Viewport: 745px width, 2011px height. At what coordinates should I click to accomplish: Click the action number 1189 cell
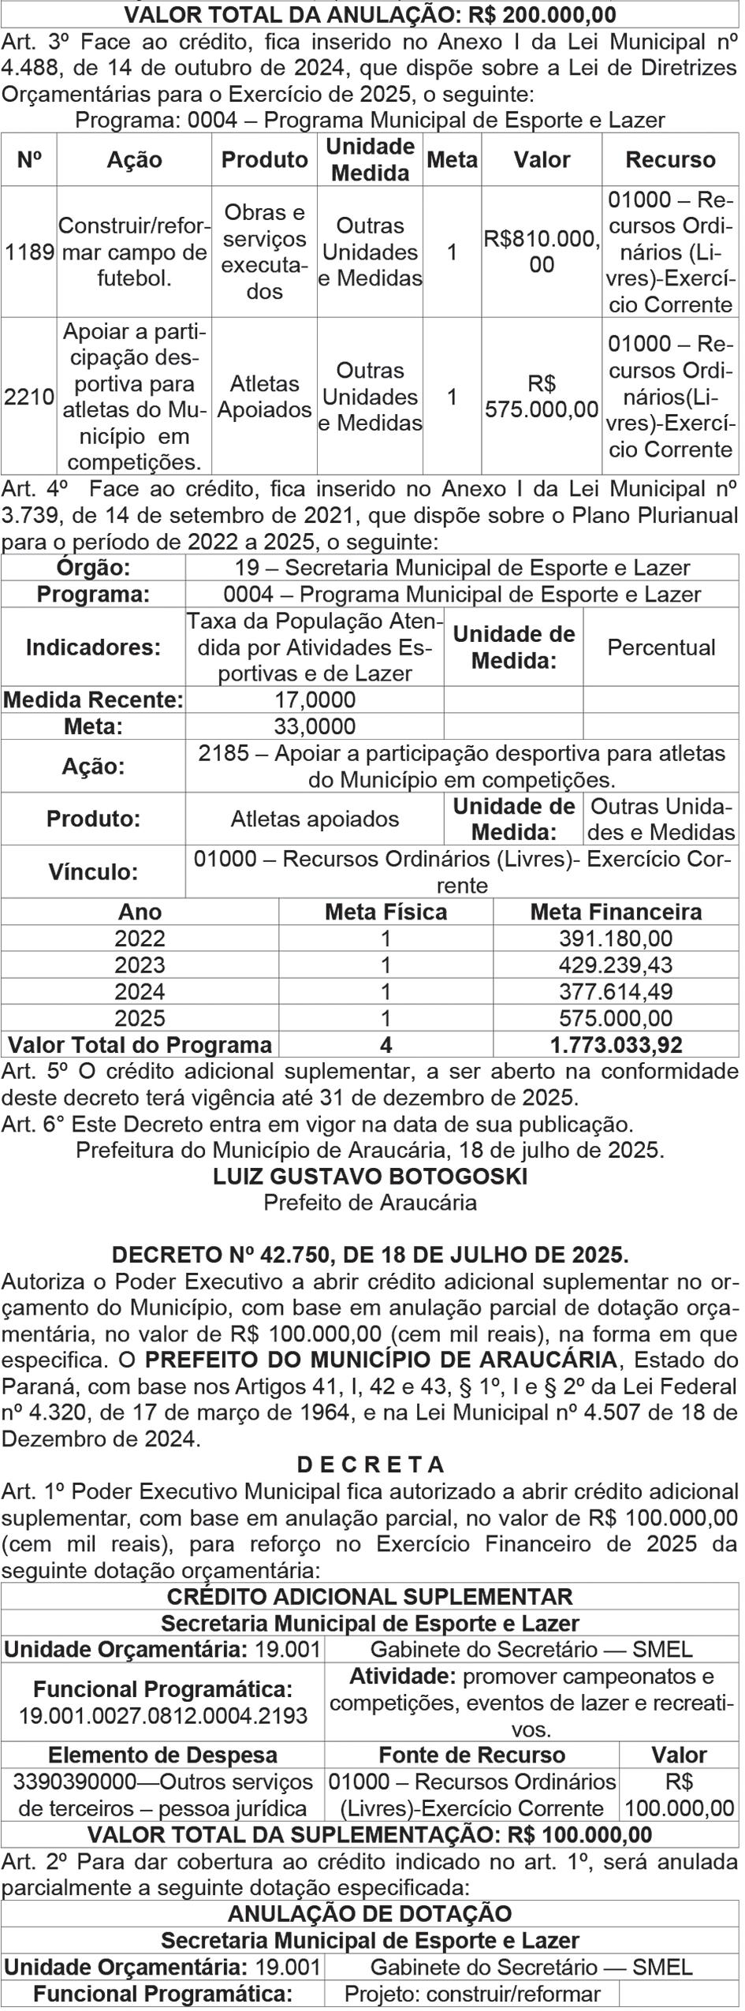coord(29,252)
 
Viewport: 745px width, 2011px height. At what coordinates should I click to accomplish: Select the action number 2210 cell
coord(29,397)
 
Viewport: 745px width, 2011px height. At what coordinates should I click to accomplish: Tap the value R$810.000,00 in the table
coord(542,252)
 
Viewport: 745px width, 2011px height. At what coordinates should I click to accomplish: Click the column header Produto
coord(264,160)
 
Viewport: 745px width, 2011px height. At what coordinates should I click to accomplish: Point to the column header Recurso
coord(670,160)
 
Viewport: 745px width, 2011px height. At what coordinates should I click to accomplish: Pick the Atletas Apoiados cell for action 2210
coord(264,397)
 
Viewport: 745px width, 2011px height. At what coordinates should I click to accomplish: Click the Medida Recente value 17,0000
coord(315,700)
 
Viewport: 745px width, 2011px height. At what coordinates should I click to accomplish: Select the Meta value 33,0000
coord(315,726)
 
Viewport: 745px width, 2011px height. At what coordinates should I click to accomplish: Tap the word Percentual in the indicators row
coord(661,647)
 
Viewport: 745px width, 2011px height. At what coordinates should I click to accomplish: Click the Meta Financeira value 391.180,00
coord(616,938)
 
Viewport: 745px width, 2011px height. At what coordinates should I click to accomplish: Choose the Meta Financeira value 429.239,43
coord(616,965)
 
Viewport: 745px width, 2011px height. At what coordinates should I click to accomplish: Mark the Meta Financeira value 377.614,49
coord(616,991)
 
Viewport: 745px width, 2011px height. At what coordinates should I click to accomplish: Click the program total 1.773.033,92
coord(616,1045)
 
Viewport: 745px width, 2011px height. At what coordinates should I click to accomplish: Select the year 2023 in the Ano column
coord(140,965)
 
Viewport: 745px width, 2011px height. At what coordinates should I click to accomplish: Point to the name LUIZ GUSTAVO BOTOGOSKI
coord(370,1177)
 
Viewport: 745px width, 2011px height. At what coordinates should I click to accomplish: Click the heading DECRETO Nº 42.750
coord(370,1255)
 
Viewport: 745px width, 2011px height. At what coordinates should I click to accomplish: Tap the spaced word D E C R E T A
coord(370,1465)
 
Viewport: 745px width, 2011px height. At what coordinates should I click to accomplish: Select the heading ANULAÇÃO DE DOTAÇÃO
coord(370,1914)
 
